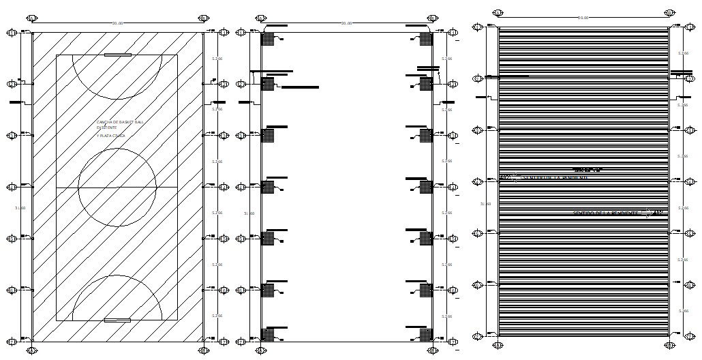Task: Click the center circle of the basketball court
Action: pos(117,187)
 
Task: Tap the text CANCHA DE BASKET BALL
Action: pos(120,122)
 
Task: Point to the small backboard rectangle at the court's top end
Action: pos(117,55)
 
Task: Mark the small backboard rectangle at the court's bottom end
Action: pos(117,320)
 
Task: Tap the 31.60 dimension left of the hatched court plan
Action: pos(20,207)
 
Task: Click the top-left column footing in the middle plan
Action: pos(267,39)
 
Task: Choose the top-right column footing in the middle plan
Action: pos(426,39)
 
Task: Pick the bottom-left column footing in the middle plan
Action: pos(267,334)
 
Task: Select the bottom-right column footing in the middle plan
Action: pos(426,334)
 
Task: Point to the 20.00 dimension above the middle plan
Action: pos(347,24)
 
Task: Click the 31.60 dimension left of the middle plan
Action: pos(249,213)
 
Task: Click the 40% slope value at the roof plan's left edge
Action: pos(505,178)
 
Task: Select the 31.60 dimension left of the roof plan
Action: pos(485,204)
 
